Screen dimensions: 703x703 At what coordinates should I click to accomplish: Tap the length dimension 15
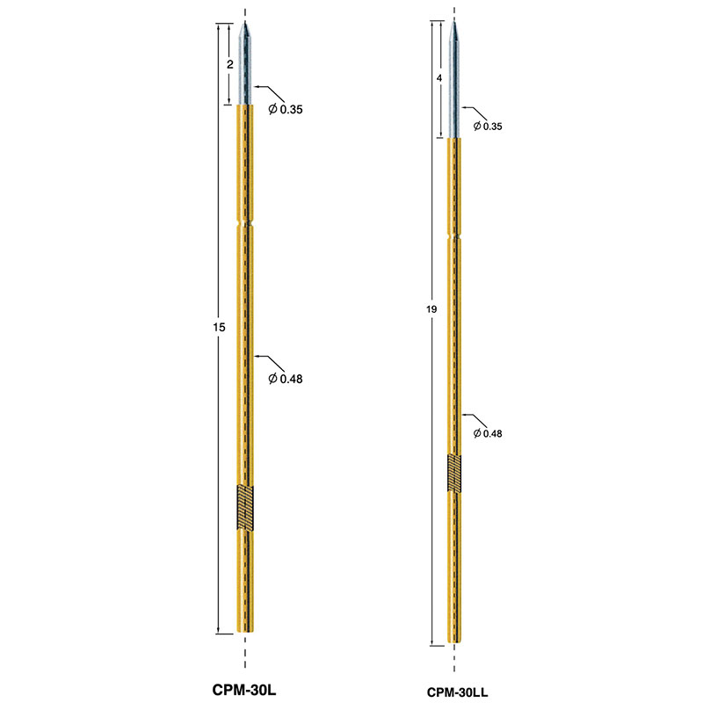coord(220,327)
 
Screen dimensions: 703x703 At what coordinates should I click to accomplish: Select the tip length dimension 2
coord(230,65)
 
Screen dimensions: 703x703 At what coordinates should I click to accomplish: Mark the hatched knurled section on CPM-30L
coord(244,507)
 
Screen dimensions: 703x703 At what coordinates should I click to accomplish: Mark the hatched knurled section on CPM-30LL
coord(454,473)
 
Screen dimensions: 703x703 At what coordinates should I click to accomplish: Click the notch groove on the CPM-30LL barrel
coord(454,236)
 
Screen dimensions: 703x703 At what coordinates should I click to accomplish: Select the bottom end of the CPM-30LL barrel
coord(454,642)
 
